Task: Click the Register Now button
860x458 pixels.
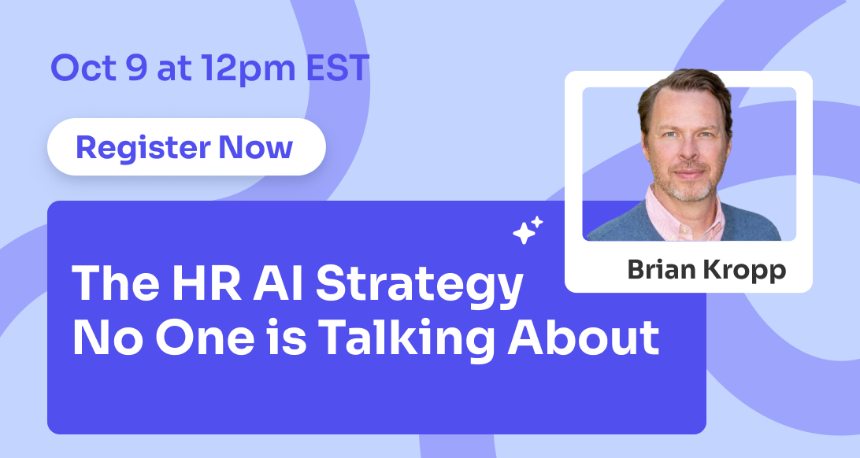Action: pyautogui.click(x=187, y=147)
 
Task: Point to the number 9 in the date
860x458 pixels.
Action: pyautogui.click(x=136, y=68)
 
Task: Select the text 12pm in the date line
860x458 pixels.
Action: pyautogui.click(x=248, y=70)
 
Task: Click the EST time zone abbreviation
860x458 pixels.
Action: pyautogui.click(x=337, y=68)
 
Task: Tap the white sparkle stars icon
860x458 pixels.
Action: pyautogui.click(x=528, y=230)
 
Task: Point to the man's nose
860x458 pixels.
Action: pyautogui.click(x=687, y=148)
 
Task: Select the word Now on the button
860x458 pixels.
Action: pyautogui.click(x=256, y=147)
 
